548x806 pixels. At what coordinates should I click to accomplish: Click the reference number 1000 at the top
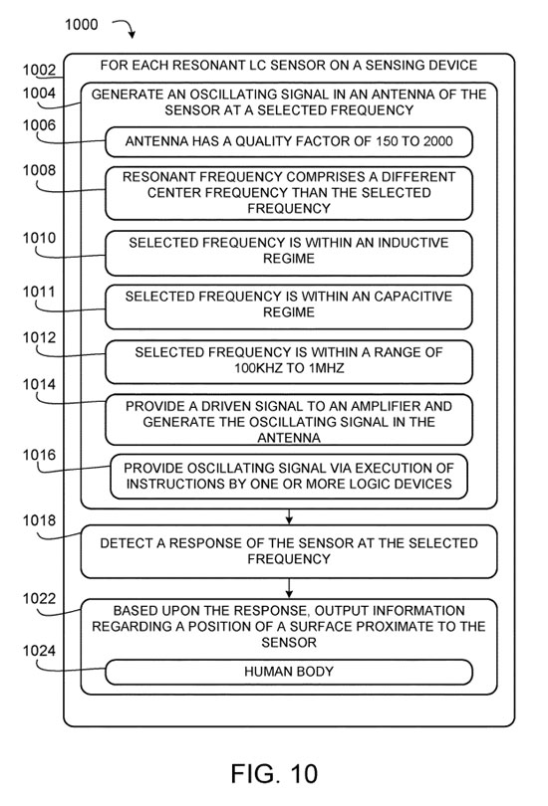pos(81,24)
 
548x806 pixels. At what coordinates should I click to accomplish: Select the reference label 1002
pos(39,70)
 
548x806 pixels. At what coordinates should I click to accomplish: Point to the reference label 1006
pos(39,125)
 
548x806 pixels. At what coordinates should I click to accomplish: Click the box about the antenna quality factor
pos(289,142)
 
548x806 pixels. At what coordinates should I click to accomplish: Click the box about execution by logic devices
pos(289,477)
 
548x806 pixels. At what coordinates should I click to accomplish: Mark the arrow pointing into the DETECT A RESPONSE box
pos(289,516)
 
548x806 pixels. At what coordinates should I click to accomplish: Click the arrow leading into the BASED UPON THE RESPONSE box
pos(289,588)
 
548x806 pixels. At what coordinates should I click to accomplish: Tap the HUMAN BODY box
pos(289,673)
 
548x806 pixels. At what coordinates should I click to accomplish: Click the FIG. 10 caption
pos(274,773)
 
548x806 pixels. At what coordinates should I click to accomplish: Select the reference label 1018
pos(39,520)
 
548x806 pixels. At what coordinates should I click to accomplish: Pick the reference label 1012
pos(39,337)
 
